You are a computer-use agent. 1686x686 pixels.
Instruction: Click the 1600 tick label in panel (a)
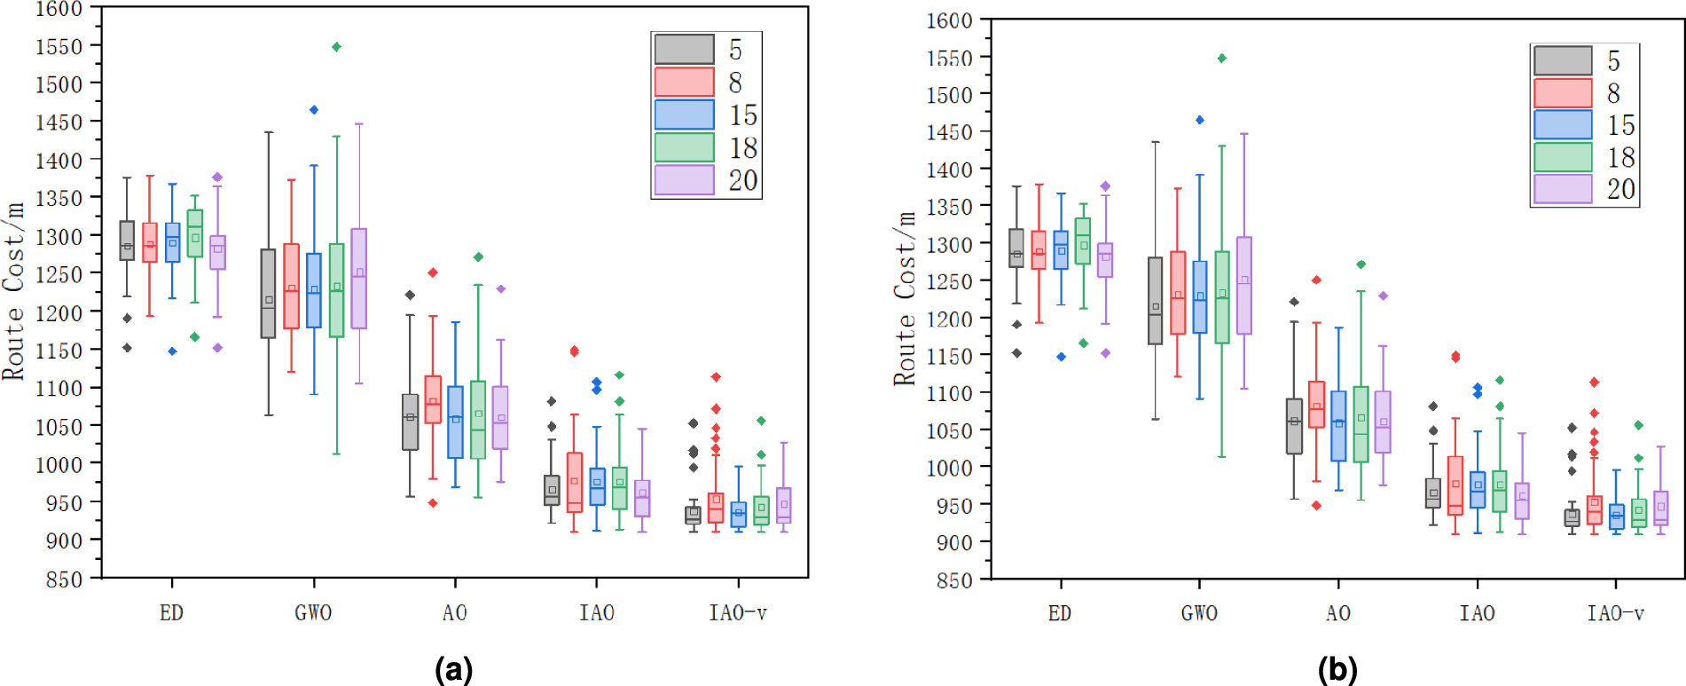[x=59, y=9]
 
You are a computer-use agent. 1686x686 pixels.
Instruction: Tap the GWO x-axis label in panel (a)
[x=313, y=613]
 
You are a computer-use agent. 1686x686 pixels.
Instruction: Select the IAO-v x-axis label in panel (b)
[x=1614, y=614]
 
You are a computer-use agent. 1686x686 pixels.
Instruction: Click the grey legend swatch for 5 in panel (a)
[x=684, y=50]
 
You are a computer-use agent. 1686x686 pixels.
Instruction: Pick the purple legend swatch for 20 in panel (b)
[x=1563, y=189]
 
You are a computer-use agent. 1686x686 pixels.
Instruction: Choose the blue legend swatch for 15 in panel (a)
[x=684, y=114]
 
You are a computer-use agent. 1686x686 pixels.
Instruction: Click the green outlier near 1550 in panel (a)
[x=336, y=47]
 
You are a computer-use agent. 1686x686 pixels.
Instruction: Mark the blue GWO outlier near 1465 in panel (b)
[x=1200, y=120]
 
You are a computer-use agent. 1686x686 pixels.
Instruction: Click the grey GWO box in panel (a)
[x=268, y=293]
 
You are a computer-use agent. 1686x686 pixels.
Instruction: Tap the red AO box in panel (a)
[x=433, y=399]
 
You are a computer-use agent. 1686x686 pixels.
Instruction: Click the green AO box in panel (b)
[x=1361, y=424]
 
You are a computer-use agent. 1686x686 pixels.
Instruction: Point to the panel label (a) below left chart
[x=453, y=669]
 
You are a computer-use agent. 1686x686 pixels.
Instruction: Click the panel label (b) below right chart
[x=1337, y=669]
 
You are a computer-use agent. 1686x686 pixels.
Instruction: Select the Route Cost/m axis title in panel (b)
[x=905, y=298]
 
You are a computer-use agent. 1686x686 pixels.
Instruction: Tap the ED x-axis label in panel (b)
[x=1059, y=614]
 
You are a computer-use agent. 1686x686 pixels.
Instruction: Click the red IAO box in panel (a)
[x=575, y=483]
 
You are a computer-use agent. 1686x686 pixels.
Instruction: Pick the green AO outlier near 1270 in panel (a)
[x=478, y=257]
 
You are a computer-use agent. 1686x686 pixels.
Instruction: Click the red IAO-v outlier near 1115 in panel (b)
[x=1594, y=382]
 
